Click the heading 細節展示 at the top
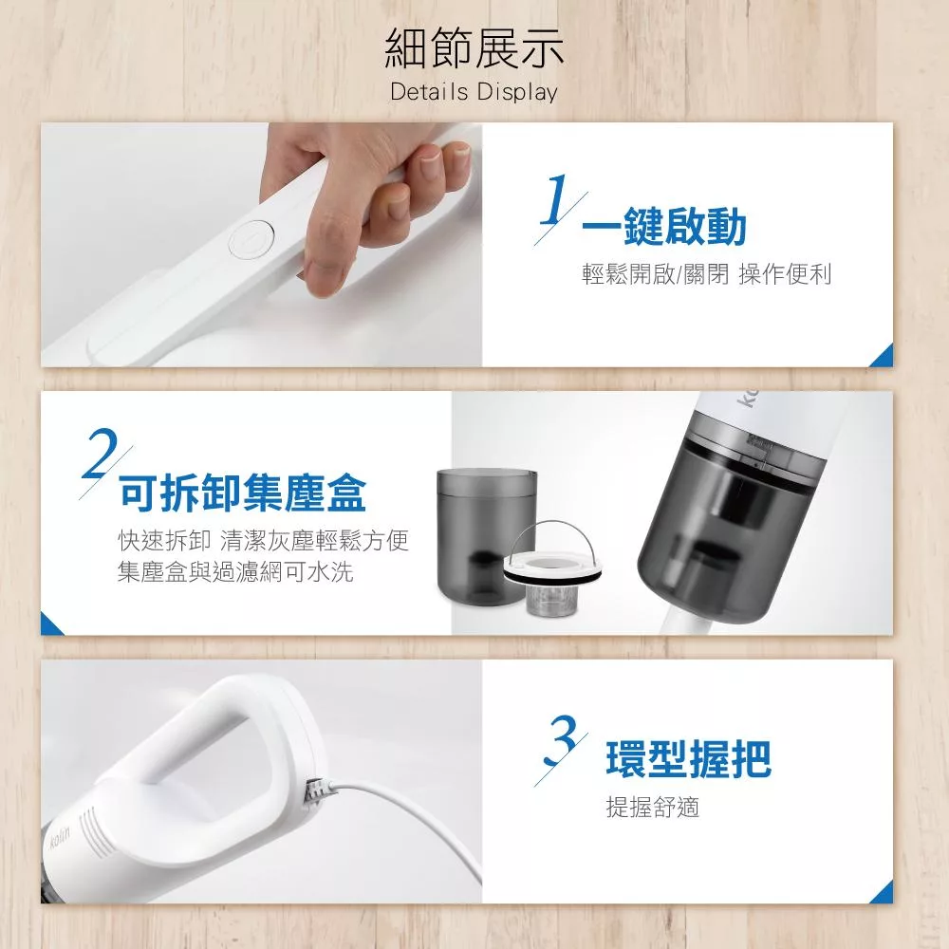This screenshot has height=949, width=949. coord(474,47)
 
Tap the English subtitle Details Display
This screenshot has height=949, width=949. coord(474,92)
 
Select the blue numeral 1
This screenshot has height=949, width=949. coord(554,199)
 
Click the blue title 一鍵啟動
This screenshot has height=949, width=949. coord(664,227)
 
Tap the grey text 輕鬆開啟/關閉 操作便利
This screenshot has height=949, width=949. coord(706,273)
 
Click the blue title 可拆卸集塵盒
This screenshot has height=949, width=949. coord(243,493)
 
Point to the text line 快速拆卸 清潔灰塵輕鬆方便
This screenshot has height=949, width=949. coord(263,541)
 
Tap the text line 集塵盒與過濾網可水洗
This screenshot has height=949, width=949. coord(235,571)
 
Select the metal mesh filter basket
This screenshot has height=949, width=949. coord(549,600)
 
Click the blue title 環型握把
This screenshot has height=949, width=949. coord(689,758)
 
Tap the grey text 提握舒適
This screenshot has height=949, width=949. coord(653,807)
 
